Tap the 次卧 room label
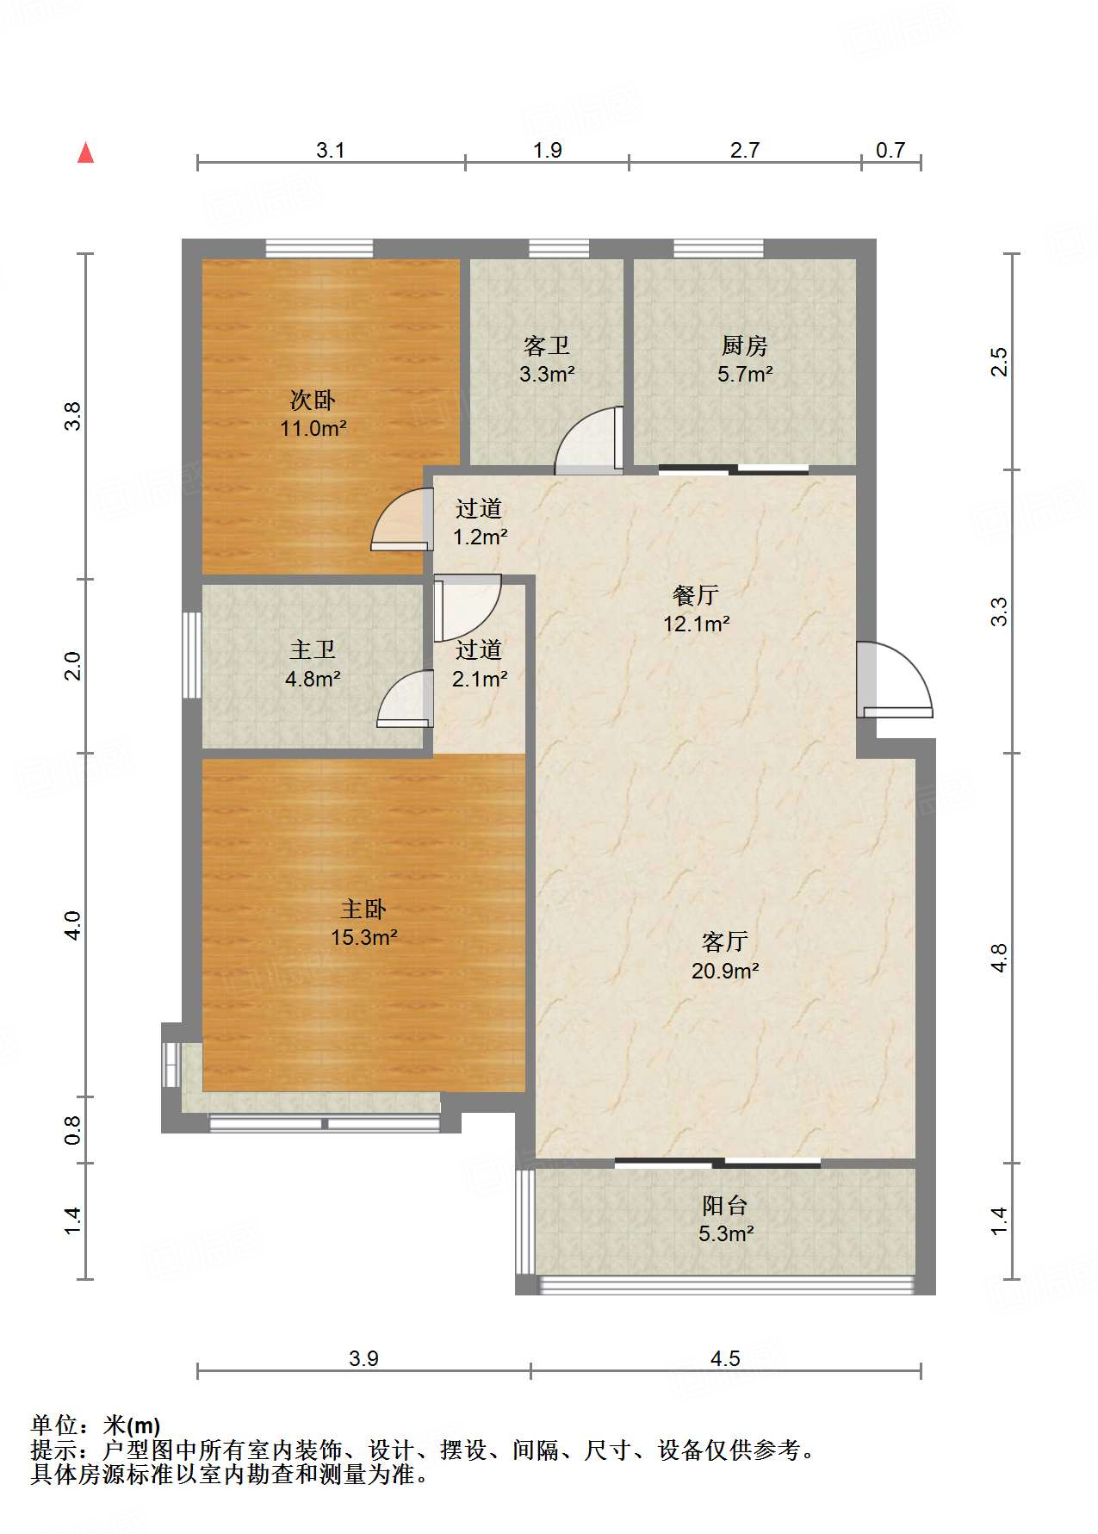(313, 400)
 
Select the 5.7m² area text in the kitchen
(745, 374)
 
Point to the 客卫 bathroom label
(547, 346)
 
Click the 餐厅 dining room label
(696, 595)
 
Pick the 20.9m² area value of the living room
(725, 971)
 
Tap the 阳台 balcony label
(725, 1205)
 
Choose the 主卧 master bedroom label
(363, 909)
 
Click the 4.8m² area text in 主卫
(313, 679)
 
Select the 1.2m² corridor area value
(481, 537)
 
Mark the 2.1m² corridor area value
(480, 679)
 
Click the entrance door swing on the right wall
(895, 680)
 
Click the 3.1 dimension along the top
(331, 151)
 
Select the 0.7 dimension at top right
(890, 151)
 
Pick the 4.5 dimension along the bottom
(725, 1358)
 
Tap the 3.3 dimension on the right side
(998, 612)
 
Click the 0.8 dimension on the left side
(73, 1130)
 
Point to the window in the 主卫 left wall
(192, 655)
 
